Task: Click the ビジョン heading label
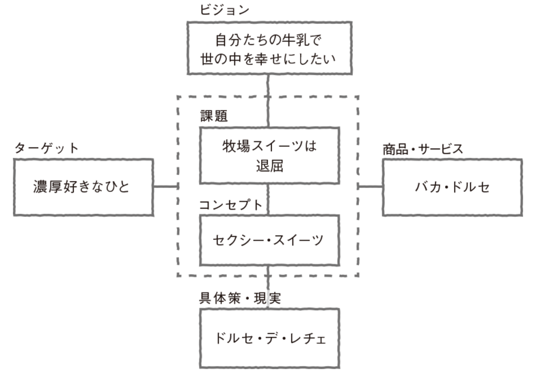tap(224, 10)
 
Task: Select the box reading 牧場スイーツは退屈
tap(269, 156)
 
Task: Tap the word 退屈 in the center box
tap(269, 166)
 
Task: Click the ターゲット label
tap(46, 148)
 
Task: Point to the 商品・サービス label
tap(423, 148)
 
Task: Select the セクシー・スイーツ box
tap(269, 241)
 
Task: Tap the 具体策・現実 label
tap(241, 298)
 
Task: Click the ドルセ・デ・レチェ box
tap(269, 338)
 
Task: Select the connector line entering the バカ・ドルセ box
tap(370, 187)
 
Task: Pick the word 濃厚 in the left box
tap(45, 187)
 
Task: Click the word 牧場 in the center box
tap(234, 147)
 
